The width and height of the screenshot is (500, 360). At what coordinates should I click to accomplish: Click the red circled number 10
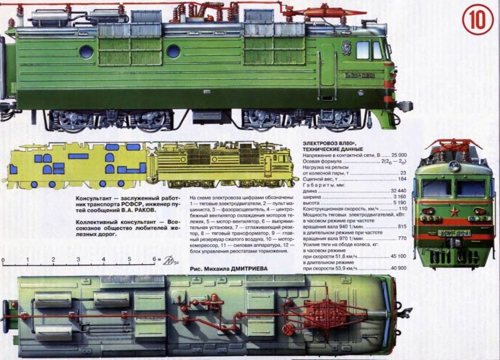(x=477, y=19)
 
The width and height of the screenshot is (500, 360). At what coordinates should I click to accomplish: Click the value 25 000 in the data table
(x=397, y=155)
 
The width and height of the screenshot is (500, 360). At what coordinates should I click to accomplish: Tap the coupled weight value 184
(x=402, y=179)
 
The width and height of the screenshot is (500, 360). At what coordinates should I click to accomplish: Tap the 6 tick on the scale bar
(x=154, y=260)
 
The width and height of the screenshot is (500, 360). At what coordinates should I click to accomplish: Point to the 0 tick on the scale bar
(x=3, y=260)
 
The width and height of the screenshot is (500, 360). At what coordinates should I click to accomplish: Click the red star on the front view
(x=454, y=212)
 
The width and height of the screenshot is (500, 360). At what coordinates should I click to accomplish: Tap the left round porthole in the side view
(x=87, y=51)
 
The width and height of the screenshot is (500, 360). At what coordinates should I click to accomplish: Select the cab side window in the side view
(x=363, y=50)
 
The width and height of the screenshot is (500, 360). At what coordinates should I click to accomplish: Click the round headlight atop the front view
(x=454, y=166)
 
